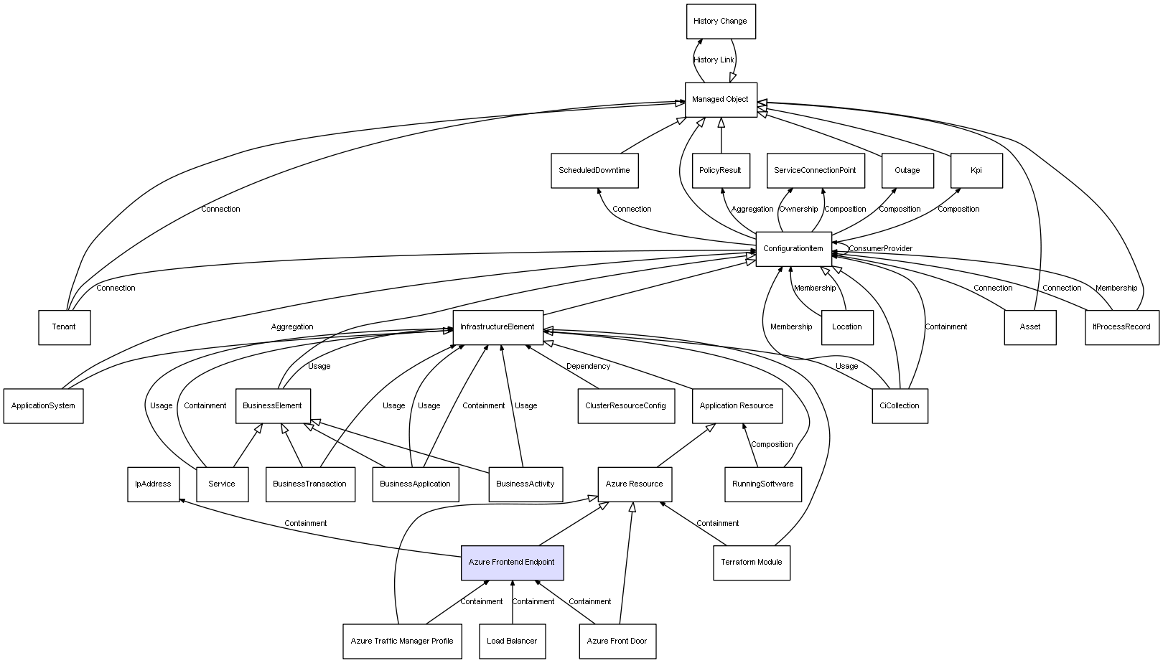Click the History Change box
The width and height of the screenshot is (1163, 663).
coord(720,22)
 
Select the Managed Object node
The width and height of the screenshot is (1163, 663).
coord(720,100)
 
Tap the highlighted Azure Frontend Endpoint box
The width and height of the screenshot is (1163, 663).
coord(512,563)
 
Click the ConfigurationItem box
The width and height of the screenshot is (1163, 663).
coord(793,249)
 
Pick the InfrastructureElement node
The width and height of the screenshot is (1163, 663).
coord(498,327)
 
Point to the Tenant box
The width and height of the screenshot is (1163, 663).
coord(64,327)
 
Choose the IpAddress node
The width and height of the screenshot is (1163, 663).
coord(153,484)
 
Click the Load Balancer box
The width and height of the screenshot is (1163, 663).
coord(512,641)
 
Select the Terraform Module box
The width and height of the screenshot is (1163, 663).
coord(751,563)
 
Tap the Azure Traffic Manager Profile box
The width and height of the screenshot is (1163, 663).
coord(402,641)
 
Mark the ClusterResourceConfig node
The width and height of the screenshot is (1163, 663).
coord(625,406)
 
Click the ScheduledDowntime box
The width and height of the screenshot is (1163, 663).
coord(594,171)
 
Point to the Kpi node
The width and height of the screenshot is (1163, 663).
coord(976,171)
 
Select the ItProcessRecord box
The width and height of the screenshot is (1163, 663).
coord(1121,327)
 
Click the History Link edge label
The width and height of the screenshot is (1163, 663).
coord(714,60)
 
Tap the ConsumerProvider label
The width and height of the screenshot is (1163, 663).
coord(881,249)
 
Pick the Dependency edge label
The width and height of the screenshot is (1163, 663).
coord(588,367)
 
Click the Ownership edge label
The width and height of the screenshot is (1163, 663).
coord(798,210)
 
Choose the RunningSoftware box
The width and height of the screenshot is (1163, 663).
coord(762,484)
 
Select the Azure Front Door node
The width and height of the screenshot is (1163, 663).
coord(617,641)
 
